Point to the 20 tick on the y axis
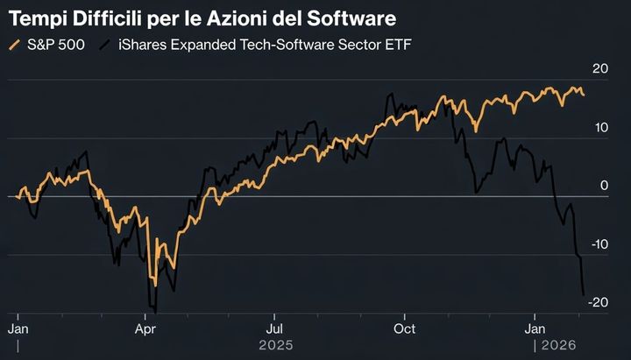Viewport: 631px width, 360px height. (599, 69)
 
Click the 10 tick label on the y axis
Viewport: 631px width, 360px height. (599, 128)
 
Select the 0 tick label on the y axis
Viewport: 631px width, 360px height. (603, 186)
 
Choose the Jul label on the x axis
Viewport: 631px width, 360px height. (274, 329)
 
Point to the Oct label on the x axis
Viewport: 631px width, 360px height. (404, 329)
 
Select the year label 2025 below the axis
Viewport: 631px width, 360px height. (276, 345)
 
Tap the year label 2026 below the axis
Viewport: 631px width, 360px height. (561, 345)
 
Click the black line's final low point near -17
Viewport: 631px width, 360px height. (584, 294)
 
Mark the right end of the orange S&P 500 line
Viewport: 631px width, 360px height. (585, 95)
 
